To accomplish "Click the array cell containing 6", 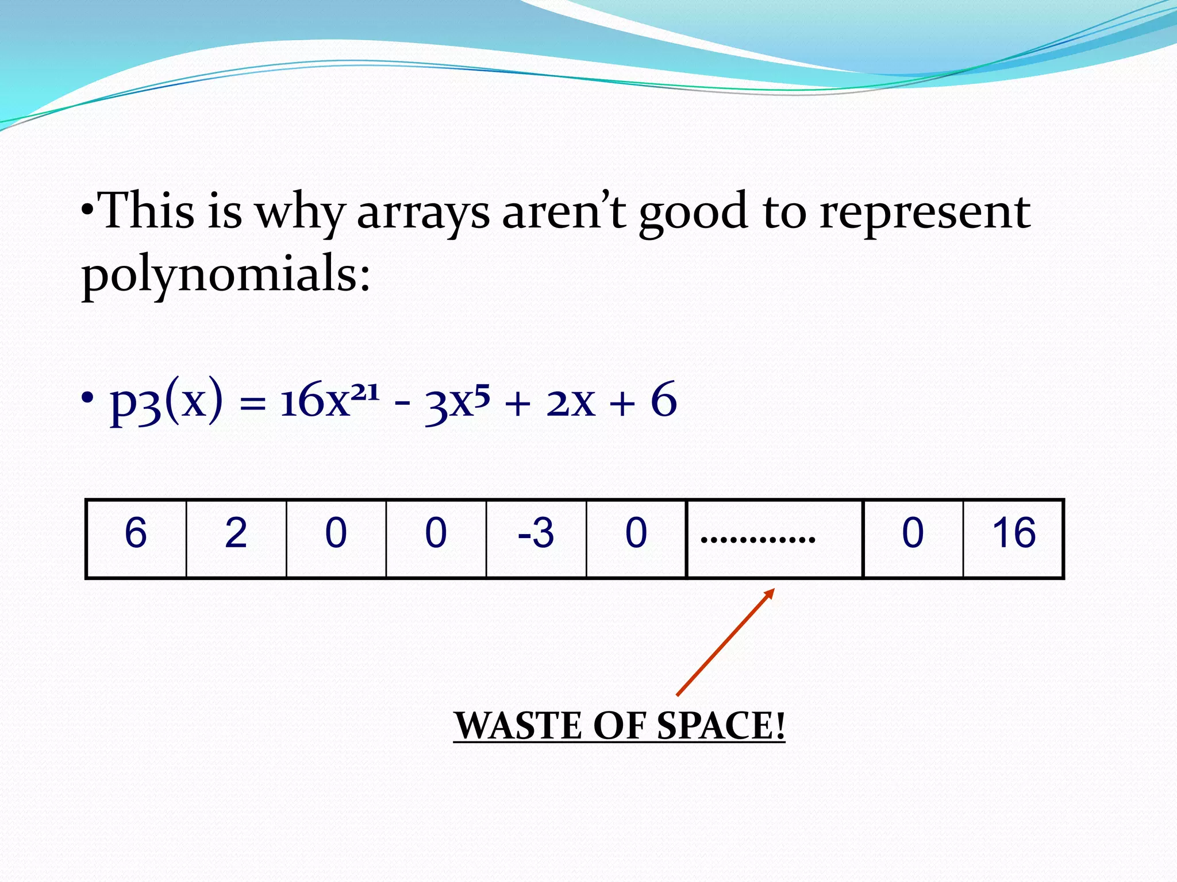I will coord(136,539).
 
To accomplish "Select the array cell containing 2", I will coord(236,539).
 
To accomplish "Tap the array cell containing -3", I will coord(536,539).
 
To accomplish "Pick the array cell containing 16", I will coord(1013,539).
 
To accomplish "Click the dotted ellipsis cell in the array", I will coord(775,539).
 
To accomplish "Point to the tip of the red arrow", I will coord(773,590).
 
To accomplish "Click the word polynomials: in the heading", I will coord(226,274).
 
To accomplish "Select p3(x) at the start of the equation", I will coord(166,402).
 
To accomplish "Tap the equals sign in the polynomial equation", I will coord(252,407).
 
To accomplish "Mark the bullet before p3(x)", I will coord(87,398).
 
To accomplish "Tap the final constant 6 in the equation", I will coord(664,401).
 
